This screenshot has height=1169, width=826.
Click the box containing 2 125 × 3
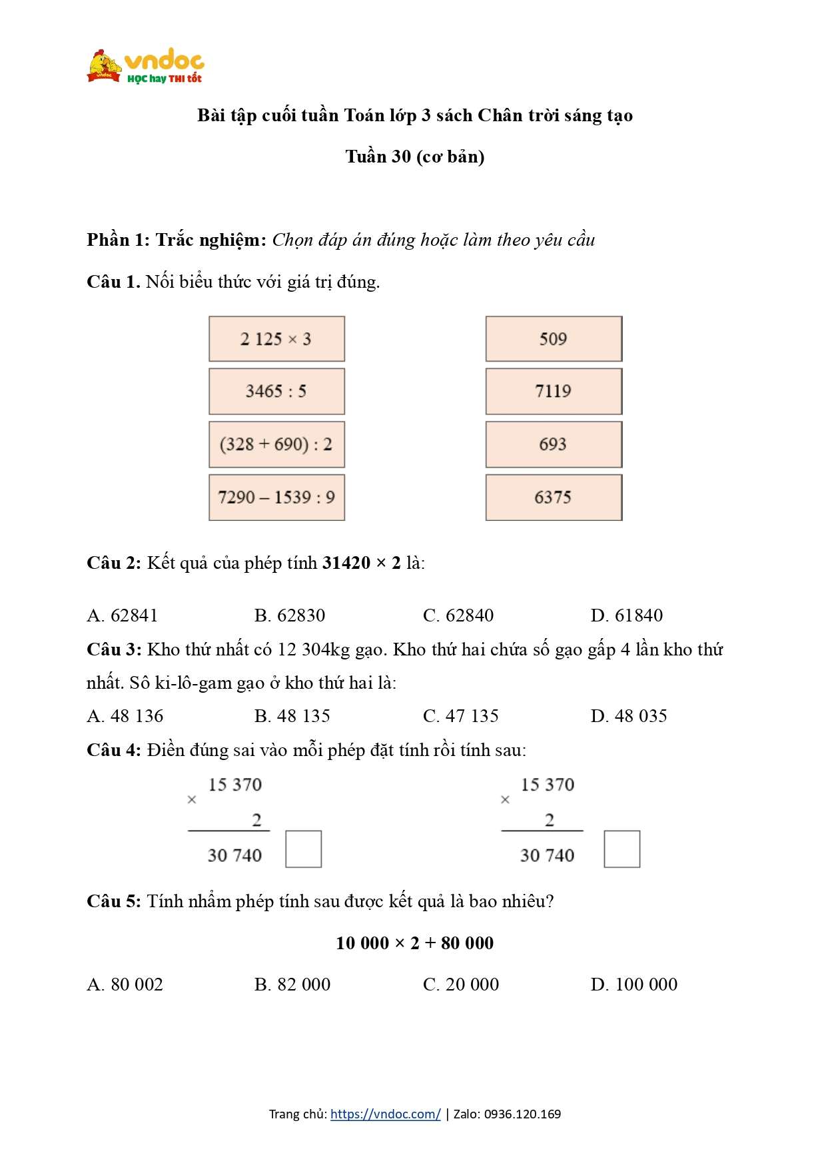(x=276, y=339)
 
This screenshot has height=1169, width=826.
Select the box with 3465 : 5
(x=276, y=392)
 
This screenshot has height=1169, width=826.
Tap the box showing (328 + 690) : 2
(x=276, y=444)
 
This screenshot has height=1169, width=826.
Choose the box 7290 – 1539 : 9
(x=276, y=498)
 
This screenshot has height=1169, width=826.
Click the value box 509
(x=554, y=339)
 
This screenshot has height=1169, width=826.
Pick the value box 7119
(x=554, y=392)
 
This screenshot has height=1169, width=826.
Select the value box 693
(x=554, y=444)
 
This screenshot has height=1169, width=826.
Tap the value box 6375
(x=554, y=498)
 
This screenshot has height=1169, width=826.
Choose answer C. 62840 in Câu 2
(x=458, y=615)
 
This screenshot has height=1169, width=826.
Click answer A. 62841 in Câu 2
(x=123, y=615)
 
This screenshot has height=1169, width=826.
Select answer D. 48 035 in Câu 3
(x=628, y=716)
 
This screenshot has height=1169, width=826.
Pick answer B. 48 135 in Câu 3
(x=292, y=716)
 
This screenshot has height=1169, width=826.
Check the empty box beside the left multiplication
(x=304, y=849)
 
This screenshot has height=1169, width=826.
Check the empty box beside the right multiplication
(x=622, y=849)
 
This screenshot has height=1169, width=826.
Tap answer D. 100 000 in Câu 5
(x=633, y=984)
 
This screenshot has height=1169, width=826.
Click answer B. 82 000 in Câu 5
(x=292, y=984)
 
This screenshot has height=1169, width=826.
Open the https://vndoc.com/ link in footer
(x=385, y=1114)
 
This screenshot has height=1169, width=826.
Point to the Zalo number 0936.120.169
(x=522, y=1114)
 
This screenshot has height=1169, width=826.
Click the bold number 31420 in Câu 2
(x=346, y=564)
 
